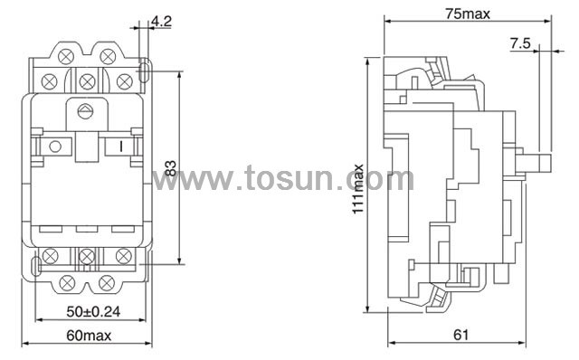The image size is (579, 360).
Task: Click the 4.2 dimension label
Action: pos(161,21)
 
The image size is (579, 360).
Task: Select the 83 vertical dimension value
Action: pos(170,168)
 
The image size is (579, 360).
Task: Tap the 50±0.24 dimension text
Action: pos(93,312)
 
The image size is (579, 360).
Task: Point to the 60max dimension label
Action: pos(89,336)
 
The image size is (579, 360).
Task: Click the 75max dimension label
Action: pos(468,14)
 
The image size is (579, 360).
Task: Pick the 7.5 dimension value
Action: pos(520,43)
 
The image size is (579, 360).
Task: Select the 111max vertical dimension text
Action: pos(358,189)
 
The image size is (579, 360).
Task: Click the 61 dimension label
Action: pos(460,335)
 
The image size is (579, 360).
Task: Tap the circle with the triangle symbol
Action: pos(85,110)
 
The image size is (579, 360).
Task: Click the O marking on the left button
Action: pos(55,147)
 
